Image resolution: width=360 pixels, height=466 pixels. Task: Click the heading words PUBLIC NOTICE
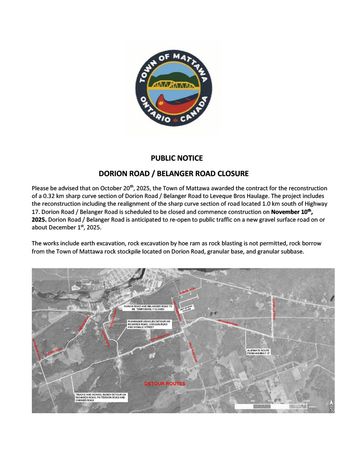(177, 158)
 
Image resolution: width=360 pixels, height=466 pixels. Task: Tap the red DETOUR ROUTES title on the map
(165, 384)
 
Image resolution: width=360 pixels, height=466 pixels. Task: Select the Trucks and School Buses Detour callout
(101, 397)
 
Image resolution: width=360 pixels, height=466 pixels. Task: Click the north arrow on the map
(331, 405)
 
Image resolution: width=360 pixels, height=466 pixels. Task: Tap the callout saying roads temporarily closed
(148, 308)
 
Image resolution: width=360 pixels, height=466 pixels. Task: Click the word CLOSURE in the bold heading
(232, 173)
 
